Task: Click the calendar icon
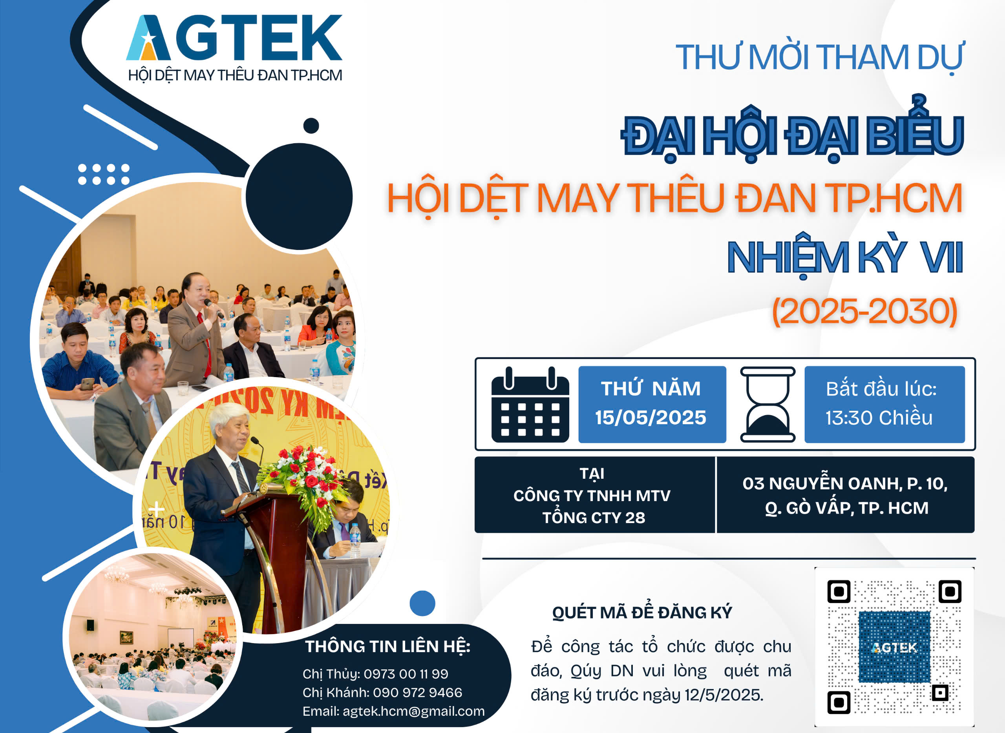530,404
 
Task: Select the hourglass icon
767,404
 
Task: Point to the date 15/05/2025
651,418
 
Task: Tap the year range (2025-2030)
865,312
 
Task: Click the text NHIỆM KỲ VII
845,258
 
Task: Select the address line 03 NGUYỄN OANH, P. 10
845,483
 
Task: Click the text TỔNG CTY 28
594,517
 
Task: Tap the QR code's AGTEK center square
894,647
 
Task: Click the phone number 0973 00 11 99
406,673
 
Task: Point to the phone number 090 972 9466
417,692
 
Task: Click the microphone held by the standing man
214,308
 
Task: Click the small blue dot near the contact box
422,604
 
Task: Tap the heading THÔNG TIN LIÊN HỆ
387,647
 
